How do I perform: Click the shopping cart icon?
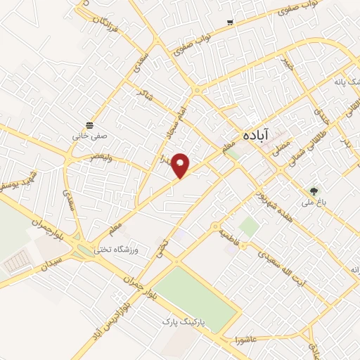click(x=230, y=23)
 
